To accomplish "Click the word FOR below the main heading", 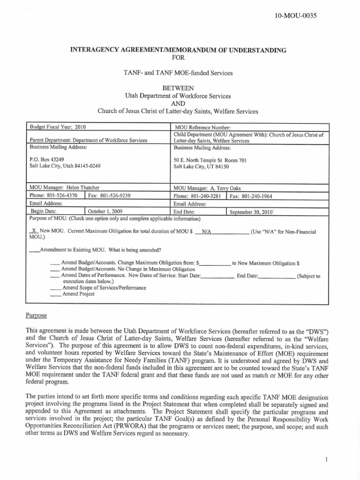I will click(178, 58).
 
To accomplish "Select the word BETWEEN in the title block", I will click(178, 88).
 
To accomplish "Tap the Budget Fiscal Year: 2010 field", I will click(58, 127).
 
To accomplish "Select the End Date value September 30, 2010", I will click(251, 212).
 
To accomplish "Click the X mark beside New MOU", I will click(34, 232).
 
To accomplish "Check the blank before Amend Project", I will click(55, 294).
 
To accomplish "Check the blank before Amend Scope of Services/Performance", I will click(55, 288).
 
